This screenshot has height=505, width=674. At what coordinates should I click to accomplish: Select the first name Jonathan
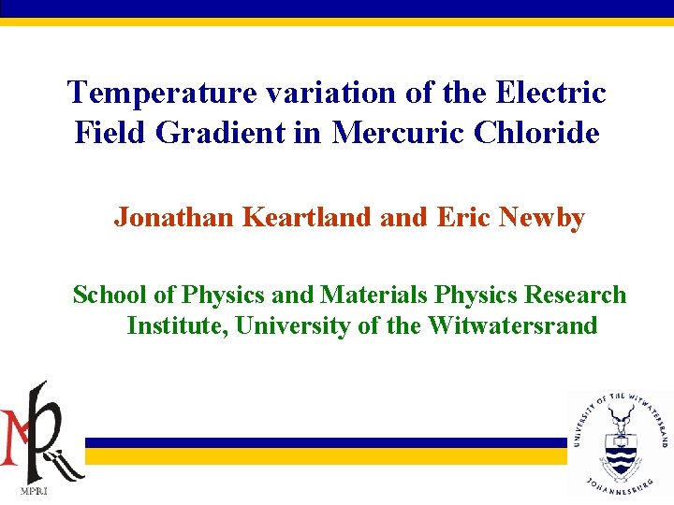click(x=174, y=218)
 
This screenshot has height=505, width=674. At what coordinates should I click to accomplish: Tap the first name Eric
click(x=464, y=218)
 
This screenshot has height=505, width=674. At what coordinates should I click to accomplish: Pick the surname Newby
click(x=543, y=218)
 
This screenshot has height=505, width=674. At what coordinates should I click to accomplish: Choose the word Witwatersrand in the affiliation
click(x=513, y=325)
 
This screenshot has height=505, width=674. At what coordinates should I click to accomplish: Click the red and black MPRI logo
click(x=42, y=430)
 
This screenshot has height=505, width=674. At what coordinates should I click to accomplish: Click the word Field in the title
click(x=111, y=133)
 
